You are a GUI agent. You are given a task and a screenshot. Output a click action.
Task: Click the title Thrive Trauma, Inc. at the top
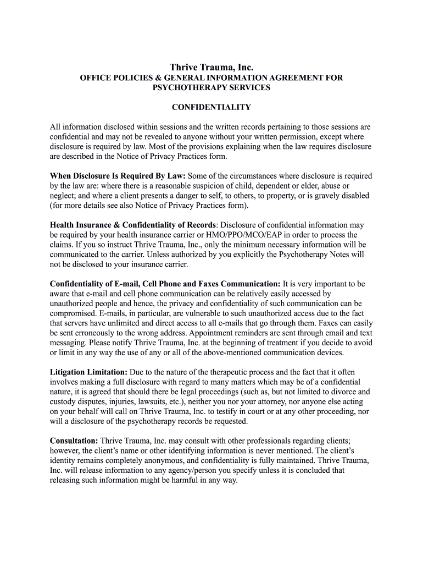pos(211,67)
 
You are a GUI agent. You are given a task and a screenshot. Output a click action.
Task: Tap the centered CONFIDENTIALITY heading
pos(211,107)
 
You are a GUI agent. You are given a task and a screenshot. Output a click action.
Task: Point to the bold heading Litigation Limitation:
pos(89,372)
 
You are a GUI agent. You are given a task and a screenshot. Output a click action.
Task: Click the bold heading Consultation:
pos(74,441)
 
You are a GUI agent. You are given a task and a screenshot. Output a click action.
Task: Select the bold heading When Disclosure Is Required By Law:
pos(118,176)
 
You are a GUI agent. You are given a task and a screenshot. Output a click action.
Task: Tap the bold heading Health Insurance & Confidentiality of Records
pos(133,225)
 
